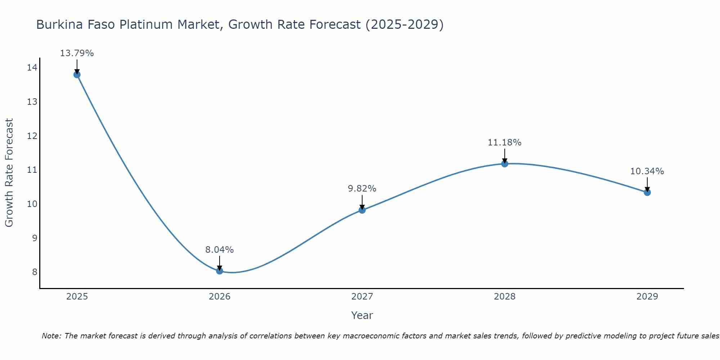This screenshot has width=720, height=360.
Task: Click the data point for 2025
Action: tap(77, 75)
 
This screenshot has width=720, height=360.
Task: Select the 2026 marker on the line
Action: tap(220, 271)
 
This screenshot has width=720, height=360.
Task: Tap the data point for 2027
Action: tap(362, 210)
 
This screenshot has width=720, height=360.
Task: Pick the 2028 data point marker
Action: tap(505, 164)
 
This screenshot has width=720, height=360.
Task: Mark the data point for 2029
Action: tap(647, 192)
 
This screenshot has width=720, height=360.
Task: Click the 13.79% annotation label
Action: tap(77, 53)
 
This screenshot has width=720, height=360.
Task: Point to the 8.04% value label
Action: tap(220, 249)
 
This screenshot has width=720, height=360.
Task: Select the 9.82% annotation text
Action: tap(362, 189)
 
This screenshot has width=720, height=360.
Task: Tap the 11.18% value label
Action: tap(505, 143)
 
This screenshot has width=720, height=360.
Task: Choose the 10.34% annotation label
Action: tap(647, 171)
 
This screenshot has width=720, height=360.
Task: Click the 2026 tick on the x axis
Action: tap(220, 297)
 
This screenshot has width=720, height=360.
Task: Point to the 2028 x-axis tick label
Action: tap(505, 297)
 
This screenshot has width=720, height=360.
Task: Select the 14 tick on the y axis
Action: tap(32, 68)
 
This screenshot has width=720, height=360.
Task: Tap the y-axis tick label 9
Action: tap(35, 238)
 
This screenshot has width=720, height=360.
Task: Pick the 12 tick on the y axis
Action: tap(32, 136)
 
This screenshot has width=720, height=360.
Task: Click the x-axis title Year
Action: tap(362, 315)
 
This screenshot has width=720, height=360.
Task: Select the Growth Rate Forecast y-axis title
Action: tap(9, 173)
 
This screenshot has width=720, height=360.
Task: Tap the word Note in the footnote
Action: tap(51, 336)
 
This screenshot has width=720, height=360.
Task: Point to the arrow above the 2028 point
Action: tap(505, 156)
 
